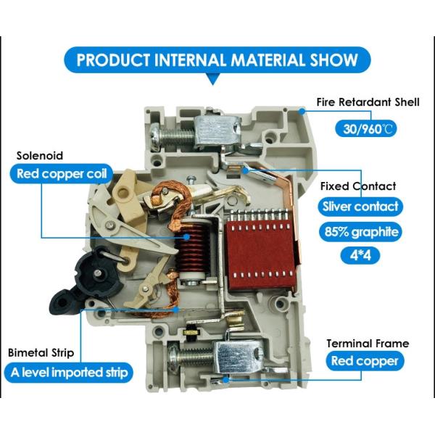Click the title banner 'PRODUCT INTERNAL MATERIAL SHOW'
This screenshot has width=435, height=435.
click(217, 59)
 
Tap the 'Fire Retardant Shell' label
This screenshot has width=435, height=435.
click(368, 102)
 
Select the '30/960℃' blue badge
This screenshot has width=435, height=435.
click(367, 128)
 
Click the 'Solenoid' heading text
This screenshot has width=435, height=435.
click(40, 155)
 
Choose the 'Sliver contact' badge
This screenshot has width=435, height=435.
click(360, 207)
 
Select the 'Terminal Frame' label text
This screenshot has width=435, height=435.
click(367, 343)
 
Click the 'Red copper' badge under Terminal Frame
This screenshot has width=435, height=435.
click(365, 361)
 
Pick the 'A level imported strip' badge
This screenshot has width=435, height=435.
click(70, 373)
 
